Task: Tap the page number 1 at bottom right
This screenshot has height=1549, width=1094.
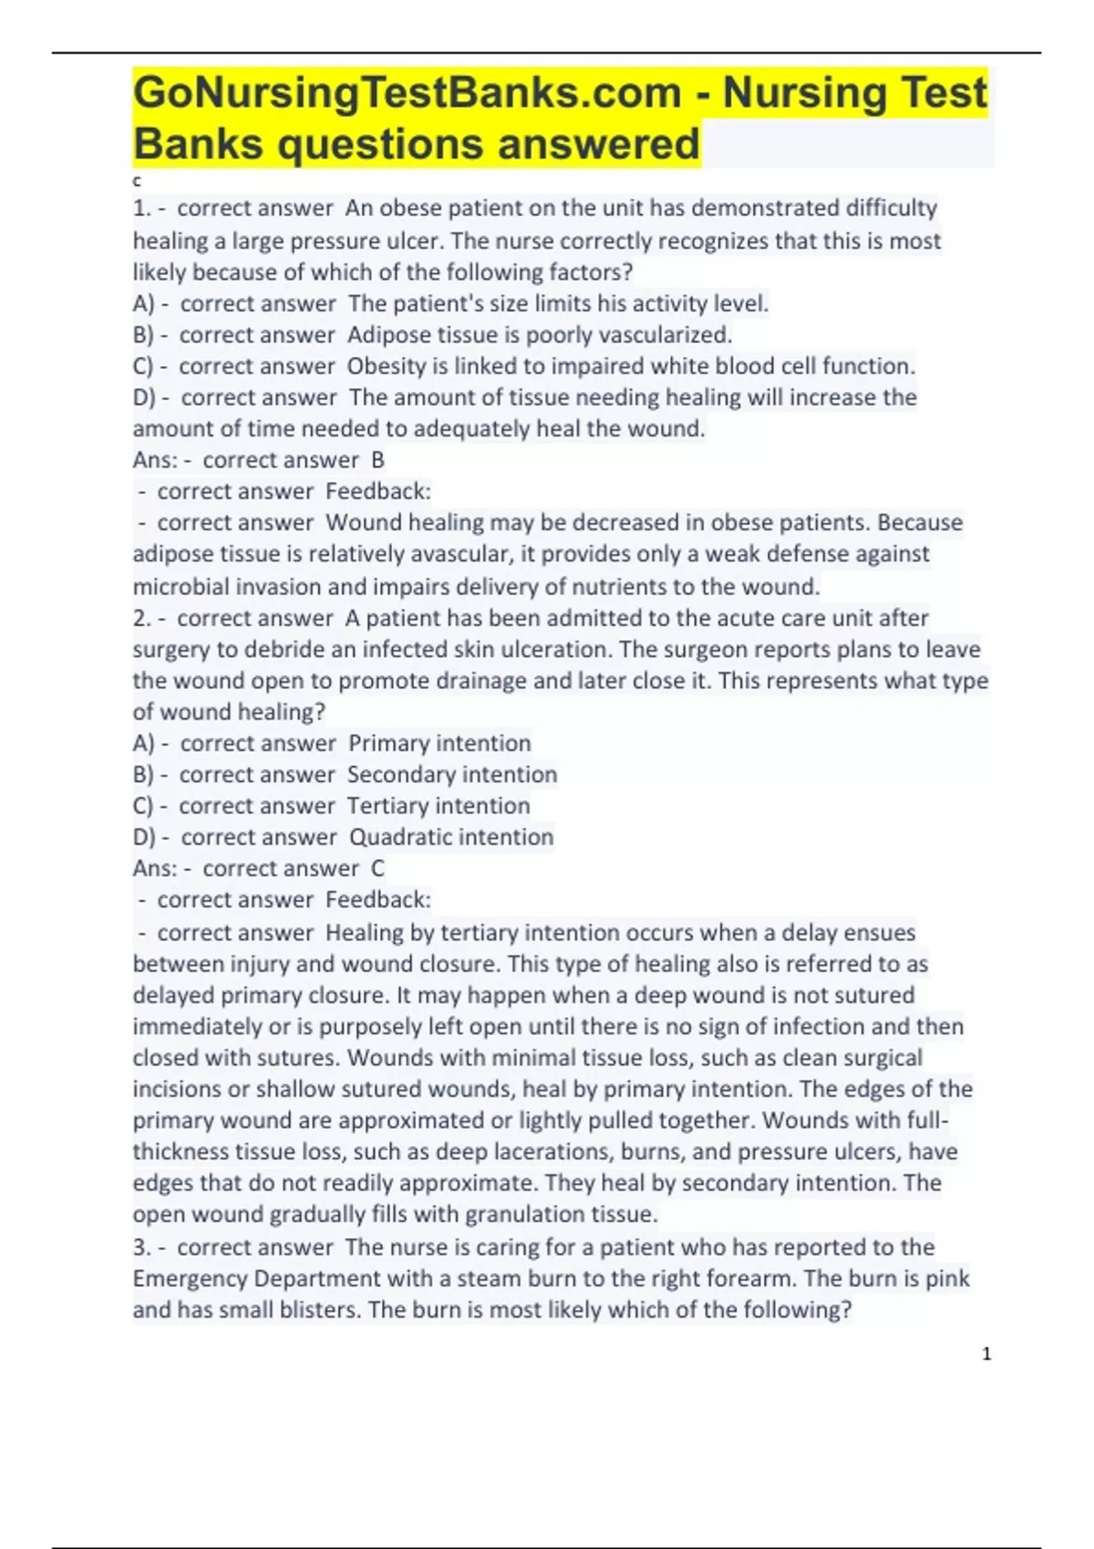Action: pos(986,1354)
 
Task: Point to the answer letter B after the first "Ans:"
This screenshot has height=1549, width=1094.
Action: pos(377,460)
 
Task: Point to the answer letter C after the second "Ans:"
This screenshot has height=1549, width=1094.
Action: pos(377,868)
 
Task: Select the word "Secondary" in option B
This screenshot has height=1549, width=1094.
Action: pos(397,774)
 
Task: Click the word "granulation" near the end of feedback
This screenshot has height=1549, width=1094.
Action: pos(525,1215)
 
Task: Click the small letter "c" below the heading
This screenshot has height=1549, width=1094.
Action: pos(137,181)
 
